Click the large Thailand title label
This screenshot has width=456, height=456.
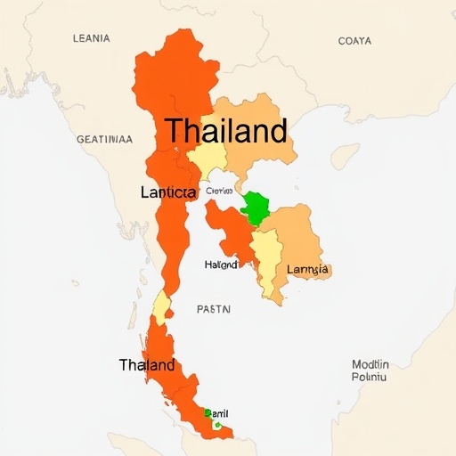click(226, 132)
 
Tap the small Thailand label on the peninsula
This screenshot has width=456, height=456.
click(147, 365)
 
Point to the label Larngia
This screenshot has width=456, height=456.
click(308, 269)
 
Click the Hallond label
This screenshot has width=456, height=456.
click(222, 265)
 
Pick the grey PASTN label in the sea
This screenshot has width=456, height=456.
click(213, 309)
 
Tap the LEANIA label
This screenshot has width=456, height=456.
click(90, 38)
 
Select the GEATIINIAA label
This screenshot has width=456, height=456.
click(104, 139)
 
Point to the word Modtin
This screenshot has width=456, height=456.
click(370, 363)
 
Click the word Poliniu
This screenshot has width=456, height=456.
click(370, 377)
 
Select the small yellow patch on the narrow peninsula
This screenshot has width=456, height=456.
click(161, 307)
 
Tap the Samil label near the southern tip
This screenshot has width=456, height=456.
click(218, 412)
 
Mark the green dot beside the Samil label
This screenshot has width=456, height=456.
click(207, 412)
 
